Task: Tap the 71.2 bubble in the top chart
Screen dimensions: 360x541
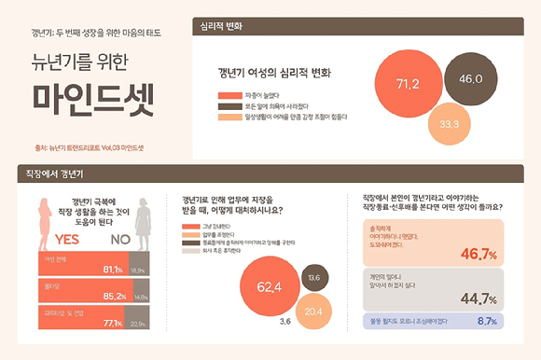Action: tap(408, 84)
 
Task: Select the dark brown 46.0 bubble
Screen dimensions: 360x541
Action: tap(471, 79)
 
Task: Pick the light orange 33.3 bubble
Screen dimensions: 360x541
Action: tap(450, 123)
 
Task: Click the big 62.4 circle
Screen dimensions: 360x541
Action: tap(270, 285)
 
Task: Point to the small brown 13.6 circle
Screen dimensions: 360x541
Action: tap(313, 277)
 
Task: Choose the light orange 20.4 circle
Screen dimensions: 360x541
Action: tap(313, 310)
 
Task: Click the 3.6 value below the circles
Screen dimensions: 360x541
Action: tap(284, 322)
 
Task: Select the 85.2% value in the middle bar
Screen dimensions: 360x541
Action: tap(114, 297)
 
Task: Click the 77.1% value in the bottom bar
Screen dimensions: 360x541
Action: tap(110, 323)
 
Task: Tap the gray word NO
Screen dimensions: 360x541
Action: tap(122, 238)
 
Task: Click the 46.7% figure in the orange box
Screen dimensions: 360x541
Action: tap(476, 254)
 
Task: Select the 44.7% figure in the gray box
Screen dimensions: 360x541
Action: tap(476, 298)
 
